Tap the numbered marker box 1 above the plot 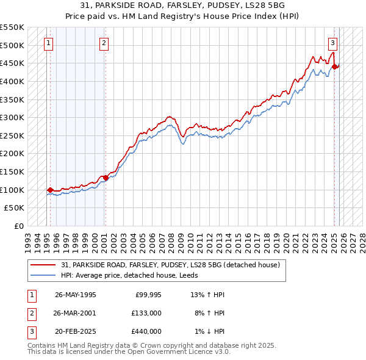click(48, 43)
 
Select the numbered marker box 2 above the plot click(104, 43)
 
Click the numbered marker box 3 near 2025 click(332, 43)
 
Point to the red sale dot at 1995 click(50, 190)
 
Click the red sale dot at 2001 click(106, 178)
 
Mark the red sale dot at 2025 click(334, 67)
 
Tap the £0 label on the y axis click(18, 226)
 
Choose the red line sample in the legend click(44, 265)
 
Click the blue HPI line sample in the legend click(44, 275)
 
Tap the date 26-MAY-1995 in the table click(75, 295)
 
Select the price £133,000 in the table click(146, 313)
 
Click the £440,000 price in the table click(146, 331)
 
